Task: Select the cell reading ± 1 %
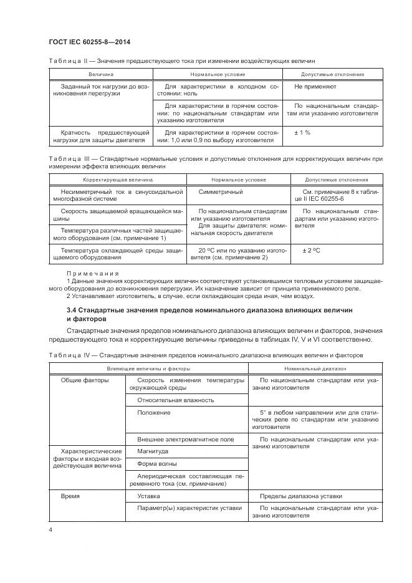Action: pyautogui.click(x=302, y=133)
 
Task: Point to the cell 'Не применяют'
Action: pyautogui.click(x=315, y=87)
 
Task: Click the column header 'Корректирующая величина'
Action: pyautogui.click(x=117, y=180)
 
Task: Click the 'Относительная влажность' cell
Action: pyautogui.click(x=176, y=400)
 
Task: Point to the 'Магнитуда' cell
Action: pyautogui.click(x=153, y=451)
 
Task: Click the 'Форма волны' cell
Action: pyautogui.click(x=156, y=464)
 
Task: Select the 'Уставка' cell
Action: pyautogui.click(x=148, y=496)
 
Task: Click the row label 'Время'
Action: pyautogui.click(x=70, y=496)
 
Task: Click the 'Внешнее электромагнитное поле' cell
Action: pyautogui.click(x=186, y=439)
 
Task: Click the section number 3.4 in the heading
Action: pyautogui.click(x=72, y=309)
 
